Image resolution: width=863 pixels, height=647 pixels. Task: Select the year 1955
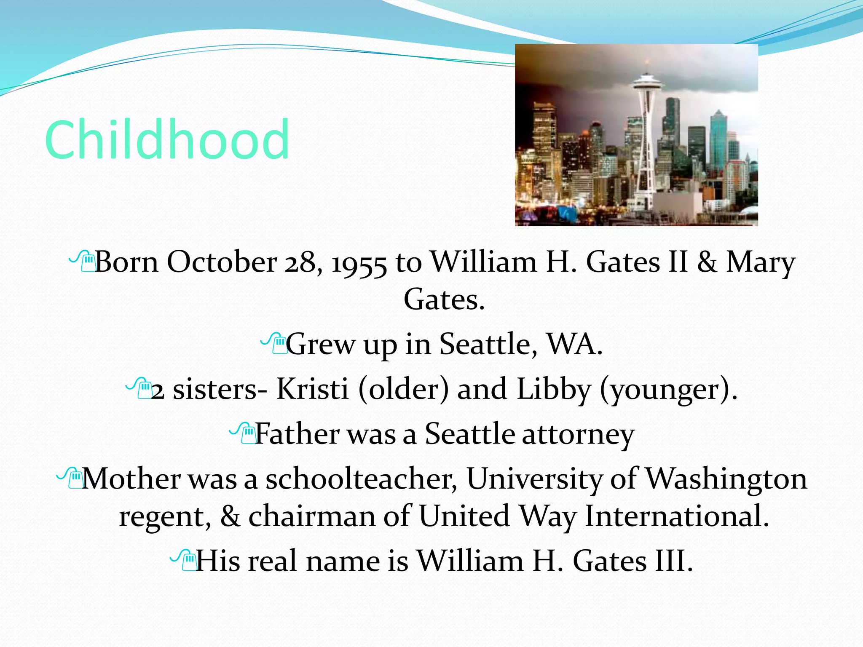pyautogui.click(x=359, y=264)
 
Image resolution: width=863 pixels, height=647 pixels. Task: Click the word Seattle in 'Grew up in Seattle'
pyautogui.click(x=488, y=344)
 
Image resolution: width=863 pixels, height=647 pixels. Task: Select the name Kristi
pyautogui.click(x=312, y=388)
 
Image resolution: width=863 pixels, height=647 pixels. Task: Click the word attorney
pyautogui.click(x=578, y=435)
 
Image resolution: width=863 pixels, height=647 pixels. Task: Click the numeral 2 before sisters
pyautogui.click(x=158, y=391)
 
